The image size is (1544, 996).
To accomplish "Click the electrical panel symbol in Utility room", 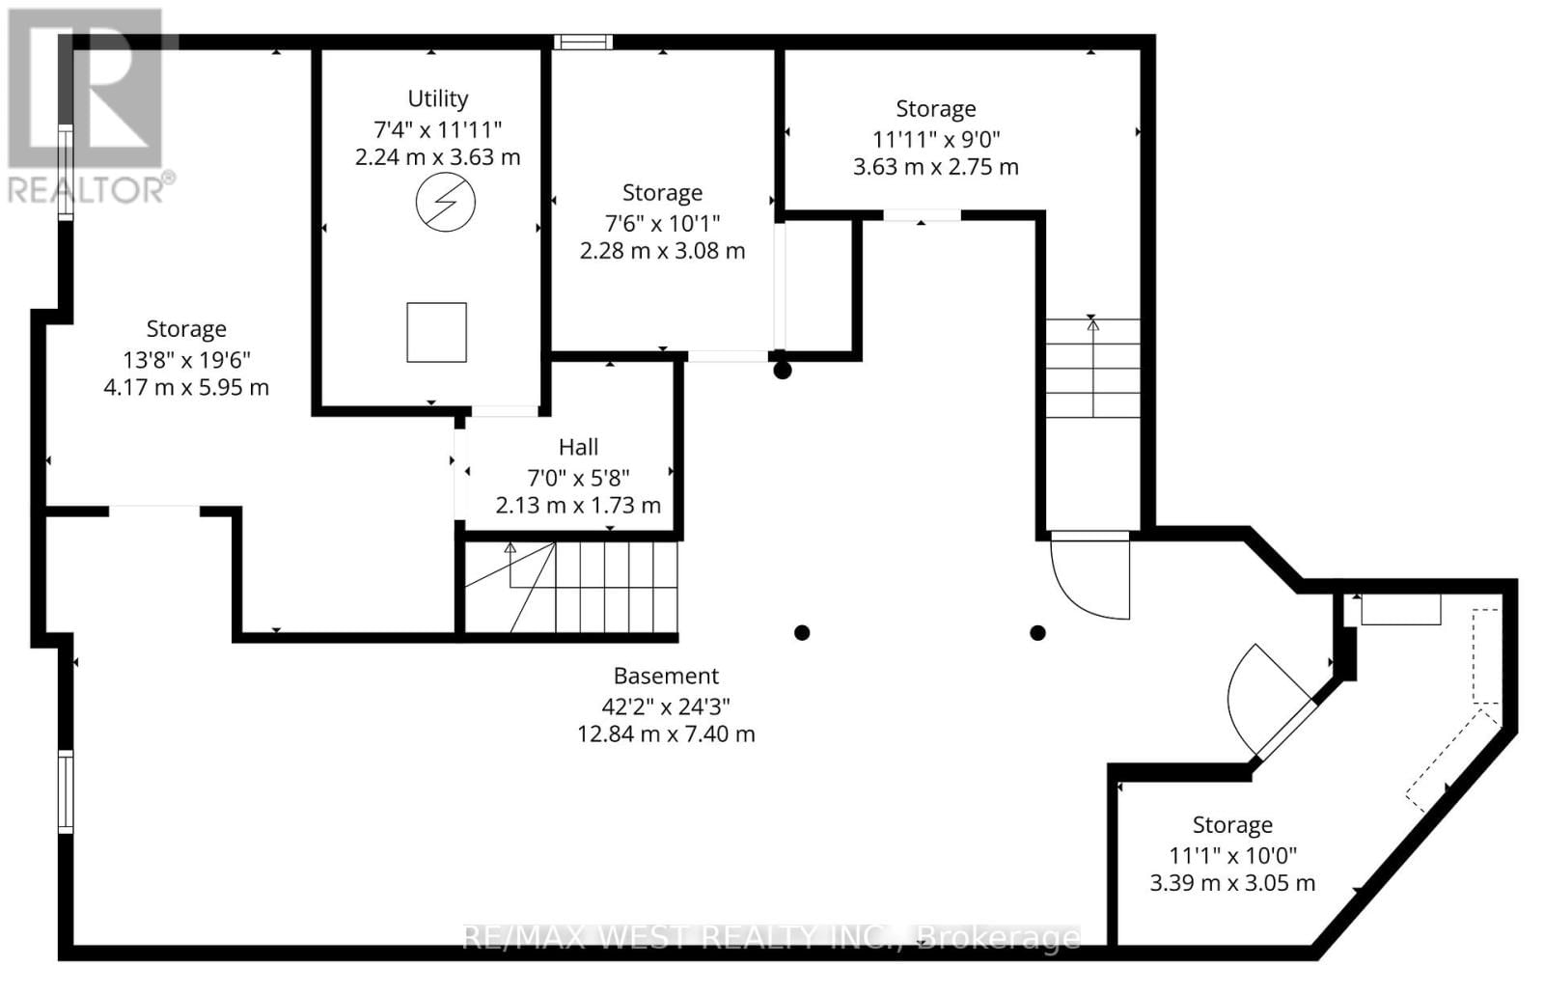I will (x=445, y=203).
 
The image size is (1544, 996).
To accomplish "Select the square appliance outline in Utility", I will (x=436, y=332).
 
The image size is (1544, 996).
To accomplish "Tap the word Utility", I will (x=438, y=98).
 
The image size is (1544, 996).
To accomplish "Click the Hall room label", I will (x=578, y=447).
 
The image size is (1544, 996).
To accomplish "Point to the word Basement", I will (x=666, y=676).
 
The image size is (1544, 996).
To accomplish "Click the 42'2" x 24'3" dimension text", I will (x=666, y=705).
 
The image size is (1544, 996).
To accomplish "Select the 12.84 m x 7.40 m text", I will (x=666, y=733).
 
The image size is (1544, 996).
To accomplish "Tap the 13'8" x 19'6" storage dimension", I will (x=186, y=360).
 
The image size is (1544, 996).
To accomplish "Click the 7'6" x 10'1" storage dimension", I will (x=662, y=223).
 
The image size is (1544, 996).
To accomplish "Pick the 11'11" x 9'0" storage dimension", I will (x=935, y=138).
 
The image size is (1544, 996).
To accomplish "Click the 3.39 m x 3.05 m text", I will (x=1232, y=883).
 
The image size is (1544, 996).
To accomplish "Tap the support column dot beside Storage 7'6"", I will (x=783, y=370).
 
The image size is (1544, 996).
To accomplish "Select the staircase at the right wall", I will (x=1092, y=368).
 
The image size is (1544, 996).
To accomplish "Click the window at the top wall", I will (x=583, y=41).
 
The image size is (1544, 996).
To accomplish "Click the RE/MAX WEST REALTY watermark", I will (x=772, y=937).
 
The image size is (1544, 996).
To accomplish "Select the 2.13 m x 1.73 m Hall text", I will (x=578, y=505).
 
